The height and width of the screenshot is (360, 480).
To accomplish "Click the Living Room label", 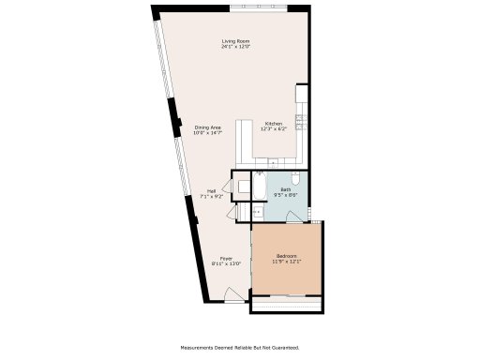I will pyautogui.click(x=234, y=41).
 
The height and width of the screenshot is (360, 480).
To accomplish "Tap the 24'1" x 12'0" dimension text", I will pyautogui.click(x=234, y=47).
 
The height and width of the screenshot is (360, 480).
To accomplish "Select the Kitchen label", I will pyautogui.click(x=273, y=123).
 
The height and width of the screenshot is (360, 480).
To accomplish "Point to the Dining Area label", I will pyautogui.click(x=207, y=127).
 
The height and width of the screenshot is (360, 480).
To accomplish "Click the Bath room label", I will pyautogui.click(x=285, y=189).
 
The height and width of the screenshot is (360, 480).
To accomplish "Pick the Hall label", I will pyautogui.click(x=212, y=191).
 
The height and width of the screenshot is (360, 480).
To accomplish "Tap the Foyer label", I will pyautogui.click(x=226, y=258).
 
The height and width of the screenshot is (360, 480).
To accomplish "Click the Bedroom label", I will pyautogui.click(x=286, y=256).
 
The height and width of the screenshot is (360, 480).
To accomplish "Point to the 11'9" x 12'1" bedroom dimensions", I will pyautogui.click(x=286, y=262).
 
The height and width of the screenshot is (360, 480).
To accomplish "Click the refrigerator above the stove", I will pyautogui.click(x=303, y=95).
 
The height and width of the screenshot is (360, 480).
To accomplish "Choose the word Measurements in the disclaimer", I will pyautogui.click(x=199, y=346).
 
